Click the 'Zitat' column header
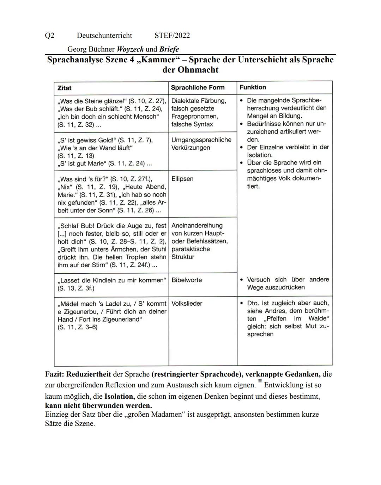click(64, 88)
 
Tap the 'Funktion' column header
click(253, 87)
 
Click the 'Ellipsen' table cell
click(182, 179)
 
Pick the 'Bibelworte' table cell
click(187, 280)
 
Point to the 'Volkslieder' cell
click(187, 304)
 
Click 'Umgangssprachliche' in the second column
click(201, 140)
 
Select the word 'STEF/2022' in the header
click(172, 36)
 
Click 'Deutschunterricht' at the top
click(104, 36)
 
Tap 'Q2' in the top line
click(49, 36)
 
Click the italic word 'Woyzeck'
click(130, 49)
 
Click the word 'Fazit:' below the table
click(55, 374)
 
